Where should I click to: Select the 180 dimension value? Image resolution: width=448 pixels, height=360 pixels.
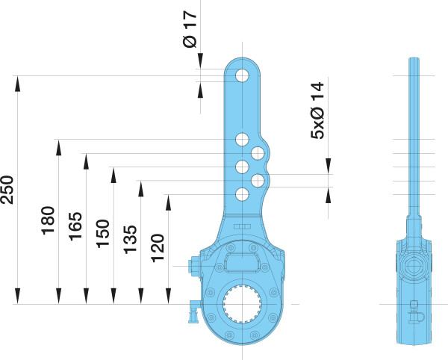(48, 220)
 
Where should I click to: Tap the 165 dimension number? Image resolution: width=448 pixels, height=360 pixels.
(75, 226)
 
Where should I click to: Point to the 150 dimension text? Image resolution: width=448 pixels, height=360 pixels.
(103, 234)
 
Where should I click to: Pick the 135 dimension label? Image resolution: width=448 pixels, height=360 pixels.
(130, 240)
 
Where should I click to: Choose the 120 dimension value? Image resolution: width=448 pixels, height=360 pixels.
(158, 248)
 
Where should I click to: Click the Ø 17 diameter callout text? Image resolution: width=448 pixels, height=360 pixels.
(190, 29)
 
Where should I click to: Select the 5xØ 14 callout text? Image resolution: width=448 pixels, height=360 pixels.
(318, 111)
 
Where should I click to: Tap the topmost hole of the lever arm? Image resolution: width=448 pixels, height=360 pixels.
(242, 75)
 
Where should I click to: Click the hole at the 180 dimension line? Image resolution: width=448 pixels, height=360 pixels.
(242, 140)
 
